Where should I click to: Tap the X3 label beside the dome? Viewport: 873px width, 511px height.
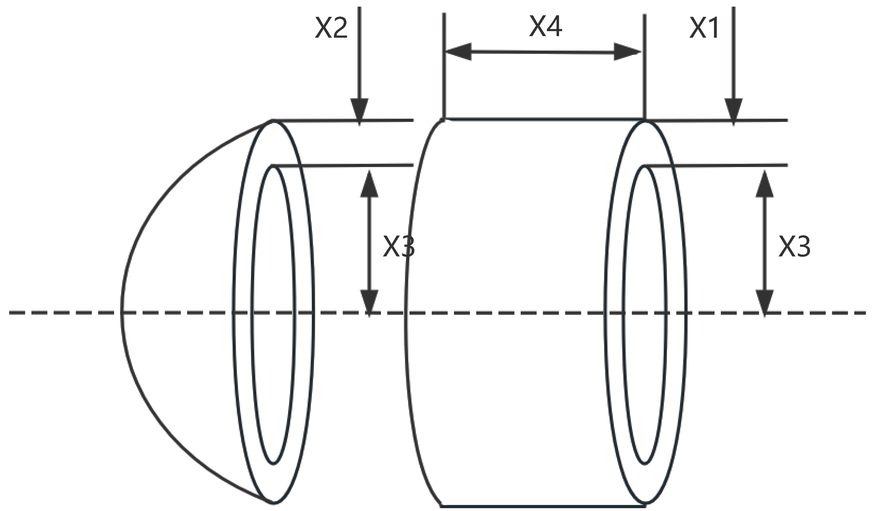tap(398, 247)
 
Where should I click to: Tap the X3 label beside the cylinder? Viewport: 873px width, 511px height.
tap(794, 247)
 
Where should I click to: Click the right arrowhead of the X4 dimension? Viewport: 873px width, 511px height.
tap(627, 52)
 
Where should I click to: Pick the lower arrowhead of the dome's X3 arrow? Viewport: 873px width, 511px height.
tap(369, 301)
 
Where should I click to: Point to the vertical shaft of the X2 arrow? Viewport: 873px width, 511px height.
tap(359, 52)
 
